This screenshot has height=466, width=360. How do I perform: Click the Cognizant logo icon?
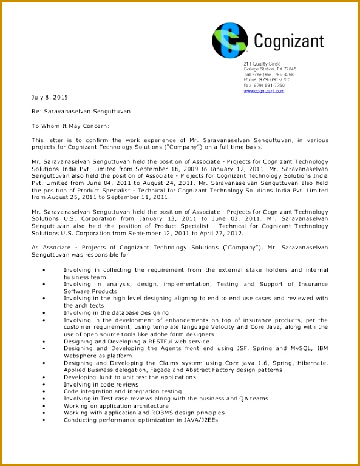229,39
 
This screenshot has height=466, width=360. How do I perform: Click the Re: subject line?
81,112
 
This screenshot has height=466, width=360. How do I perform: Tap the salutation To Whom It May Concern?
70,126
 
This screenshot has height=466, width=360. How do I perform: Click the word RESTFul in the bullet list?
154,342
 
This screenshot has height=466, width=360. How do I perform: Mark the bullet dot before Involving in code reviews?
44,385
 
